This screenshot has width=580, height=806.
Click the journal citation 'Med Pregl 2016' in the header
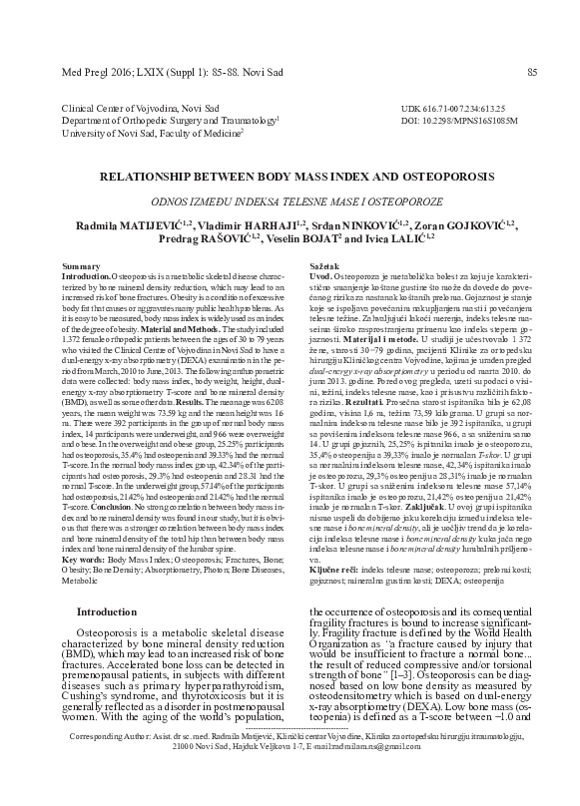pos(96,71)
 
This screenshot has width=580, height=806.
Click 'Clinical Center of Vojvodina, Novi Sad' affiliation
pos(141,107)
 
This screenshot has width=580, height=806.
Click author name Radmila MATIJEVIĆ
pos(121,220)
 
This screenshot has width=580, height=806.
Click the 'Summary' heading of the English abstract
pos(81,267)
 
